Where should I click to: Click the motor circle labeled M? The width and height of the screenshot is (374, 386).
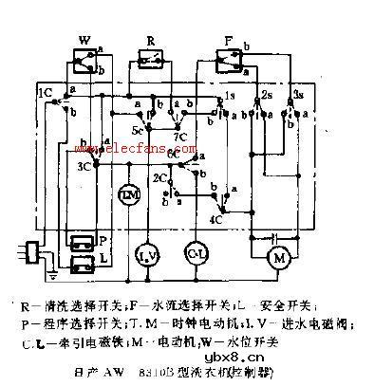pyautogui.click(x=280, y=257)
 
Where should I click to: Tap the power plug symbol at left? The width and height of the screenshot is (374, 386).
pyautogui.click(x=31, y=251)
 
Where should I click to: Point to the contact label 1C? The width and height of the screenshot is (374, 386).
pyautogui.click(x=46, y=93)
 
